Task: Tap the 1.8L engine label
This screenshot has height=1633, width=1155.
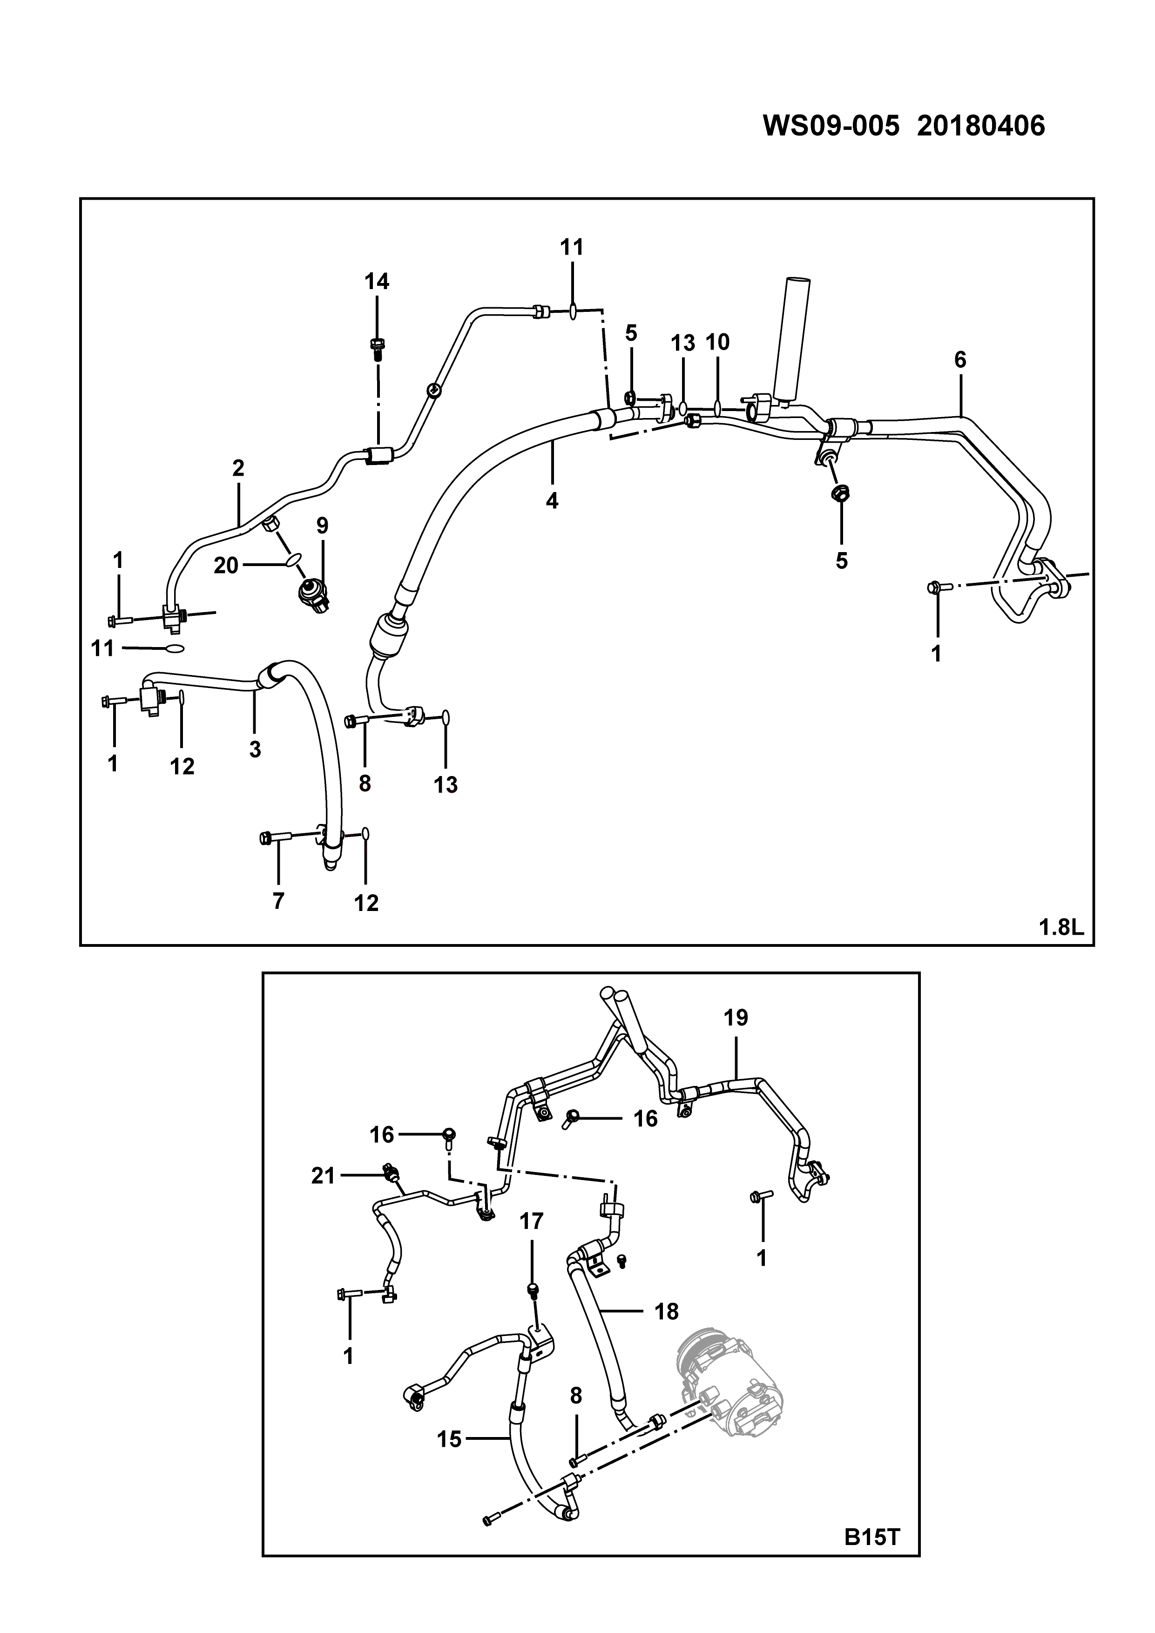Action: (1061, 927)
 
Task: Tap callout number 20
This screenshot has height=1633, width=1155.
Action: (226, 566)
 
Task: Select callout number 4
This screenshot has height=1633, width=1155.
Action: (552, 501)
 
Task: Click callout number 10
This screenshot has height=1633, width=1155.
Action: (717, 342)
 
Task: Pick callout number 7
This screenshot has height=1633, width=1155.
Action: (278, 901)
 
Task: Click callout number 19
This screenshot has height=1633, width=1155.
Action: (736, 1018)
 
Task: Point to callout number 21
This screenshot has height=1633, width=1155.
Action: (323, 1176)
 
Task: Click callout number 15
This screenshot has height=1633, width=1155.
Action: (450, 1439)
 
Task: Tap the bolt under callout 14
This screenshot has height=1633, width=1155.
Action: (377, 347)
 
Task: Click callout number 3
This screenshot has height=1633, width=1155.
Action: (255, 749)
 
